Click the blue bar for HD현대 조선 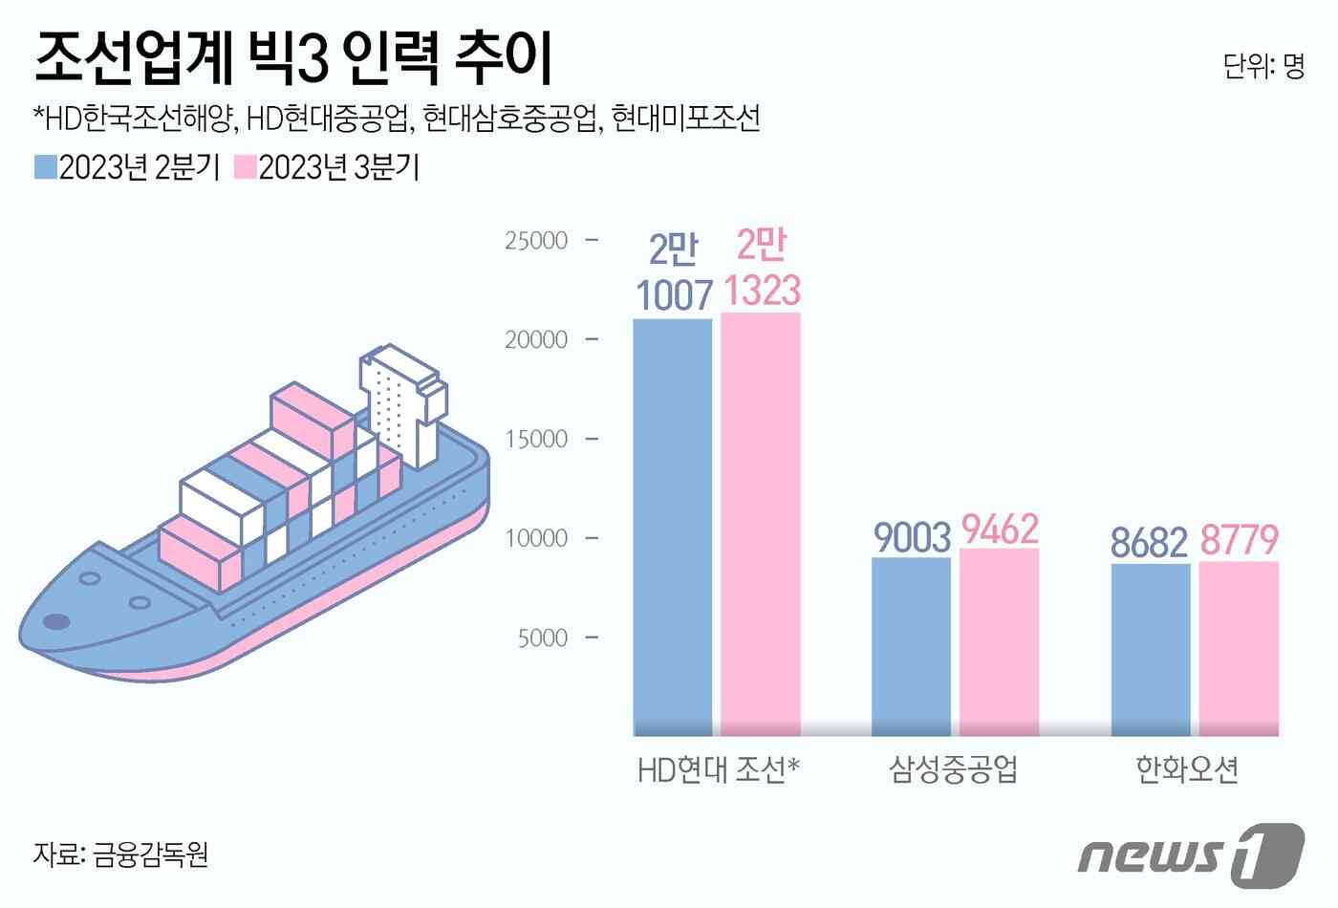[x=673, y=527]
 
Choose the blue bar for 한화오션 [x=1151, y=650]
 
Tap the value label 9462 [x=1000, y=530]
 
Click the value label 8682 [x=1149, y=543]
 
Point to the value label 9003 [x=912, y=537]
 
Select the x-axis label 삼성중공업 [x=953, y=768]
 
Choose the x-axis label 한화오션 [x=1188, y=768]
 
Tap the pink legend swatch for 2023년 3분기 [x=246, y=167]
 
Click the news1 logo [x=1191, y=852]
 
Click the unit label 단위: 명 [x=1263, y=66]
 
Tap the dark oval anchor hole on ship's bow [x=57, y=622]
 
